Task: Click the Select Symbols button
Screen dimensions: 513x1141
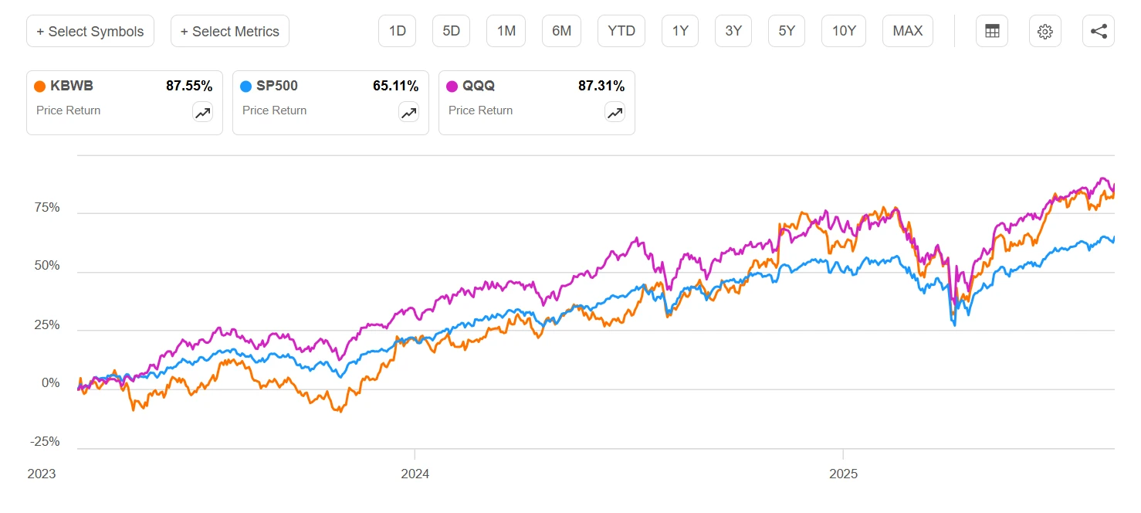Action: (x=90, y=32)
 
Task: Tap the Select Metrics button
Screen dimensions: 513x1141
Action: (x=230, y=32)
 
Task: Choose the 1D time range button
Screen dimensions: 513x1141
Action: (x=398, y=31)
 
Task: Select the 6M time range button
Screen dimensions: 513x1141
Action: (x=561, y=31)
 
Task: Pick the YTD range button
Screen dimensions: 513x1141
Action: (x=621, y=31)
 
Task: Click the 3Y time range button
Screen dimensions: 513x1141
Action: (x=733, y=31)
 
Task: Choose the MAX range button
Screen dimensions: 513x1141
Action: (x=908, y=31)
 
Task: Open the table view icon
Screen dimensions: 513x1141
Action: (x=992, y=32)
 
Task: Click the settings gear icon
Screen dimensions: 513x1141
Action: (x=1045, y=32)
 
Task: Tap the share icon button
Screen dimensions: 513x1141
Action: (x=1099, y=32)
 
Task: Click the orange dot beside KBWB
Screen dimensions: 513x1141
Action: (x=40, y=87)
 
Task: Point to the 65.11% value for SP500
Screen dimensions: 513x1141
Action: (x=395, y=86)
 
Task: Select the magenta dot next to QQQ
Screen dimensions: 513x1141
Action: (x=452, y=87)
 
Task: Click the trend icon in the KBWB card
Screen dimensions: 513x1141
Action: (x=202, y=113)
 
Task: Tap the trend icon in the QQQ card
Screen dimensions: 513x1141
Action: (x=615, y=113)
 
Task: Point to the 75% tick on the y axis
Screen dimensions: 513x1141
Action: (x=46, y=208)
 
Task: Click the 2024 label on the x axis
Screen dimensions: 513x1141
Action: (x=415, y=473)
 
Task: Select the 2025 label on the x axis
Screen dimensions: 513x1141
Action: (x=843, y=473)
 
